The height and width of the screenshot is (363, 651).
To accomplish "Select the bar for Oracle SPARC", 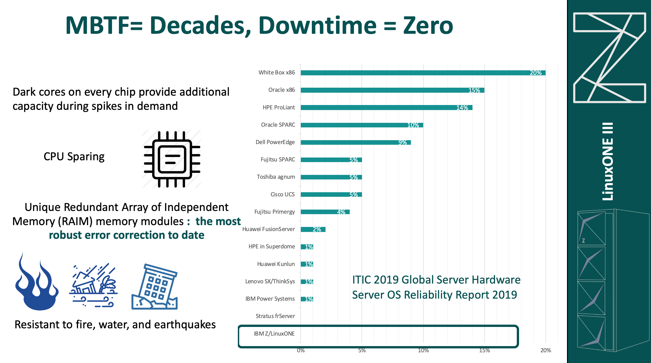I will click(361, 125).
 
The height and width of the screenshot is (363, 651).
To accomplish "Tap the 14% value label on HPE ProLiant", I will click(462, 108).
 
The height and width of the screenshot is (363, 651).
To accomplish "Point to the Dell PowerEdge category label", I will click(275, 142).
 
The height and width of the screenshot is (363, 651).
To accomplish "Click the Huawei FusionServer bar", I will click(313, 229).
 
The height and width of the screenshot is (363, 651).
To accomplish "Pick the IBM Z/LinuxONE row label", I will click(274, 334).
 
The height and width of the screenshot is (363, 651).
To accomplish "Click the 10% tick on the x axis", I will click(423, 350).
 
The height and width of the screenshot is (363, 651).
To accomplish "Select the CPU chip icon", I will click(172, 159).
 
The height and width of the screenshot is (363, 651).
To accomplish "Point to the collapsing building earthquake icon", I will click(155, 287).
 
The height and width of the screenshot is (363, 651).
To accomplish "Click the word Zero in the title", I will click(428, 26).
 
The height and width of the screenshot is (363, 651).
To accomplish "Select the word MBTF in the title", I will click(97, 26).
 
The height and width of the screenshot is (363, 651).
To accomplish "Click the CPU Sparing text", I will click(74, 157).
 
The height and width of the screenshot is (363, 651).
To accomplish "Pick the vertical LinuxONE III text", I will click(608, 162).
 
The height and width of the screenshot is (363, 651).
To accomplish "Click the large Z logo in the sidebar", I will click(609, 58).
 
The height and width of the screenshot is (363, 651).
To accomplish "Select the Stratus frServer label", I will click(275, 316).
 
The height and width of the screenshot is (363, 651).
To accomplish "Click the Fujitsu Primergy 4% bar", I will click(325, 212).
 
